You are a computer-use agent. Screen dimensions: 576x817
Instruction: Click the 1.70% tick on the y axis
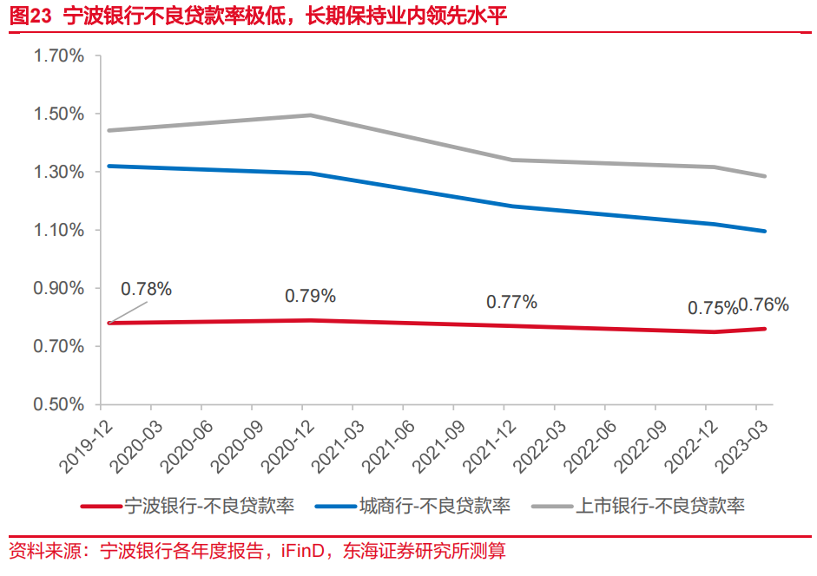[x=59, y=56]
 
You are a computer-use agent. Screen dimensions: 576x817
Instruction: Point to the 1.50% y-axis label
[x=59, y=115]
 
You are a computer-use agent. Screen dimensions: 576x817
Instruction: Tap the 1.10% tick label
[x=59, y=231]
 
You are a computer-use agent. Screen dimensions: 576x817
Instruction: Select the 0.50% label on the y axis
[x=59, y=405]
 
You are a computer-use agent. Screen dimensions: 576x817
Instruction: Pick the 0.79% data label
[x=310, y=296]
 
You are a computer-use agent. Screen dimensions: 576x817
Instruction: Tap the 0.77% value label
[x=511, y=302]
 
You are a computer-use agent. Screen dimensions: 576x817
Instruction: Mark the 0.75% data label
[x=712, y=308]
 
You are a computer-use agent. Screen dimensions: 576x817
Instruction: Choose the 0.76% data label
[x=764, y=304]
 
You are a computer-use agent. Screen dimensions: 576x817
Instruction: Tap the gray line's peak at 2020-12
[x=311, y=115]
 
